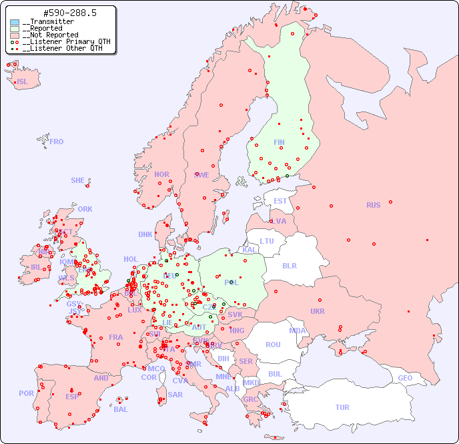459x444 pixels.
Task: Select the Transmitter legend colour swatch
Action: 15,22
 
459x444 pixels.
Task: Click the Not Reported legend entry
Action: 50,35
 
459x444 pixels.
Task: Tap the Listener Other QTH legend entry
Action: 62,48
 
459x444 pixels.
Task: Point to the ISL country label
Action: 23,82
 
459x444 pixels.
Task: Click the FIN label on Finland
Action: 279,142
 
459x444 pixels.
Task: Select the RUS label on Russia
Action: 373,205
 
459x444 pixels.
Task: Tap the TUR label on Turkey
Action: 342,407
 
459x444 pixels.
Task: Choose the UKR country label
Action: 318,311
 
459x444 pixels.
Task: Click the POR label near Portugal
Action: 26,393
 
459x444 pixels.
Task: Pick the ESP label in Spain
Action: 72,396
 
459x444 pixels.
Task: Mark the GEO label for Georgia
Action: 405,378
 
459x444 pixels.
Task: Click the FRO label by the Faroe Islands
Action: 57,142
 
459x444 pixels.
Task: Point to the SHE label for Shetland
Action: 78,180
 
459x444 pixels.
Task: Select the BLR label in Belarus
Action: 289,265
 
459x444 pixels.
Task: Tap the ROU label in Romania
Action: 273,345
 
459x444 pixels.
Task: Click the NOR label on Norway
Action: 161,174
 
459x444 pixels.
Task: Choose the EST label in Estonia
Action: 280,201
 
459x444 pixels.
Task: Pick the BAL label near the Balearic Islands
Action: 121,409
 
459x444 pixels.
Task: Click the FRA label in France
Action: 116,337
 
